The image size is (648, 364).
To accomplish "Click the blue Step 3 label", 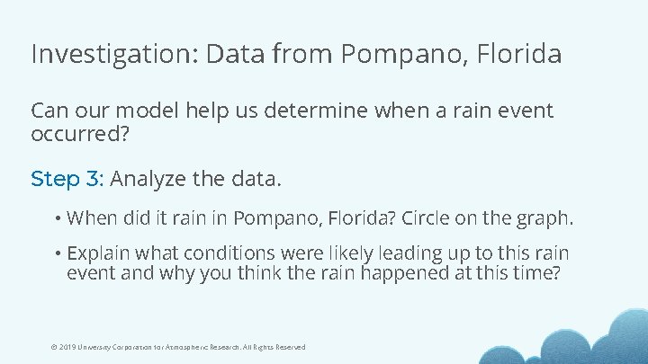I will click(67, 179).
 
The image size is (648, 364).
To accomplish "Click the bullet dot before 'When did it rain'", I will click(56, 218).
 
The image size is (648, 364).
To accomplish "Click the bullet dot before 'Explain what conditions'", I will click(56, 254).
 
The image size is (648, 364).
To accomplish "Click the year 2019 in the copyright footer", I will click(65, 347).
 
